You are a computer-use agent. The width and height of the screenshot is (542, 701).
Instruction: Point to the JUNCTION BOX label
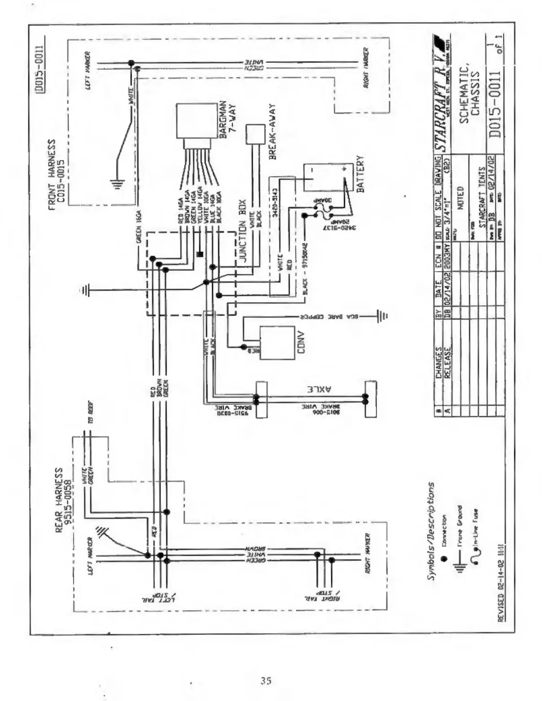pos(244,235)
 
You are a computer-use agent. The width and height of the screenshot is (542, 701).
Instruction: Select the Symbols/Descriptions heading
pos(430,531)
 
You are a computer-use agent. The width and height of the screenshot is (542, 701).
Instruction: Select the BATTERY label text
pos(360,174)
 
